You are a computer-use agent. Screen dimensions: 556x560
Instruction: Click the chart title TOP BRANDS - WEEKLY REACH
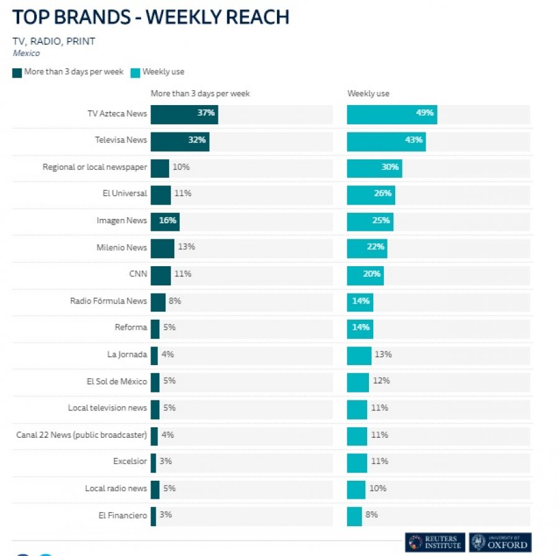coord(151,17)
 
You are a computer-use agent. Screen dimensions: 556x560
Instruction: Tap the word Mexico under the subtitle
coord(26,53)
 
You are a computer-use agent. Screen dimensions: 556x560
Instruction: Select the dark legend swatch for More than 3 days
coord(17,72)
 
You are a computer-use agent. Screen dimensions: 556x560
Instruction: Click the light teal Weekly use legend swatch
coord(135,72)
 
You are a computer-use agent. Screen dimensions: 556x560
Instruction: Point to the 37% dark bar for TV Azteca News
coord(184,113)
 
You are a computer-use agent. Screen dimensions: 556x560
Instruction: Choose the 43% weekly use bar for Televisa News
coord(386,140)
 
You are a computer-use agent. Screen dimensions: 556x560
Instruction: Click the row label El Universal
coord(124,193)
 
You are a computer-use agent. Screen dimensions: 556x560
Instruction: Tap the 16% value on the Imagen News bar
coord(168,220)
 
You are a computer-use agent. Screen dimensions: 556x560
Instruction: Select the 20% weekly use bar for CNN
coord(365,274)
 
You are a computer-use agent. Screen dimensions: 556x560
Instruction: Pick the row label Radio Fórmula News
coord(108,301)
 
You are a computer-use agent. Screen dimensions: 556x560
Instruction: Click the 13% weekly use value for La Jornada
coord(383,354)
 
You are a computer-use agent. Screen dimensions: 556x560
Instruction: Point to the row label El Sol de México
coord(117,381)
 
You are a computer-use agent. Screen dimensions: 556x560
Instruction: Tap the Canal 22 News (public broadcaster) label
coord(82,435)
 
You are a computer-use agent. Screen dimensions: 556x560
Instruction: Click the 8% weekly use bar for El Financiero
coord(354,515)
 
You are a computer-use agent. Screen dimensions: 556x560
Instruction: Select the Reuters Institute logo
coord(434,542)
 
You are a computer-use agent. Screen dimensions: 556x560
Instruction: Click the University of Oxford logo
coord(500,542)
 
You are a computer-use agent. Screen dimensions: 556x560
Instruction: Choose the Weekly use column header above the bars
coord(368,93)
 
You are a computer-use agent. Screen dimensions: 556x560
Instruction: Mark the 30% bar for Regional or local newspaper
coord(374,167)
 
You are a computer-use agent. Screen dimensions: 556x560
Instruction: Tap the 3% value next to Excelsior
coord(166,461)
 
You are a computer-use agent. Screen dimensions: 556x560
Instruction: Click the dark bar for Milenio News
coord(162,247)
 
